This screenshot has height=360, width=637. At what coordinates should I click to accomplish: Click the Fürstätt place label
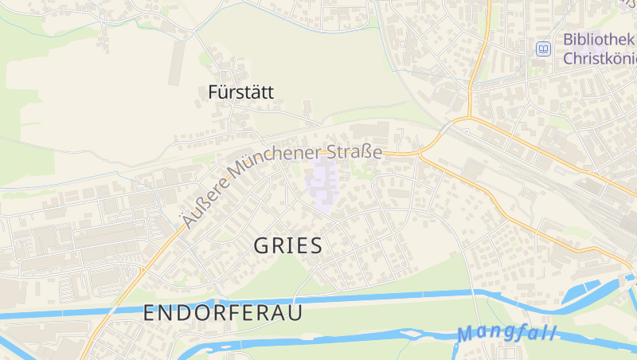[x=240, y=92]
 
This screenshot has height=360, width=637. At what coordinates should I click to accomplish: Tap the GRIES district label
[x=288, y=246]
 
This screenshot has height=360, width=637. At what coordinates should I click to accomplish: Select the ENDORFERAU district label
[x=223, y=314]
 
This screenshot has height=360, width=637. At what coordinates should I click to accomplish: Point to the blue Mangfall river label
[x=507, y=333]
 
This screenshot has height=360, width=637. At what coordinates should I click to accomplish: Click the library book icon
[x=543, y=49]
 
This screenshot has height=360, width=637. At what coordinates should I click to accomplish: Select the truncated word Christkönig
[x=599, y=59]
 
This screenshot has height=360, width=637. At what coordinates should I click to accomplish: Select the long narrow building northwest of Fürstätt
[x=176, y=61]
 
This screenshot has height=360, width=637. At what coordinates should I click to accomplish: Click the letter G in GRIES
[x=262, y=246]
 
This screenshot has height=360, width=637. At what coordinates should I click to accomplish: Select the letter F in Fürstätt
[x=213, y=92]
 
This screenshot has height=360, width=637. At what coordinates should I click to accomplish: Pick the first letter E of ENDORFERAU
[x=150, y=314]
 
